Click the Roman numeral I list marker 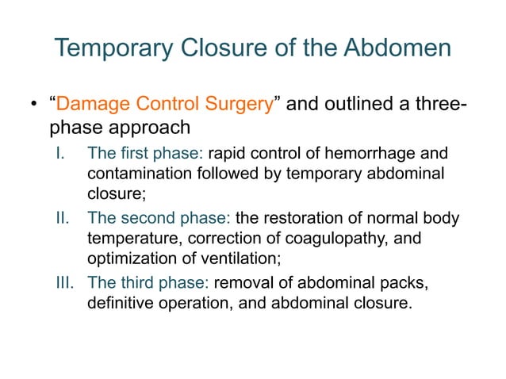point(60,153)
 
